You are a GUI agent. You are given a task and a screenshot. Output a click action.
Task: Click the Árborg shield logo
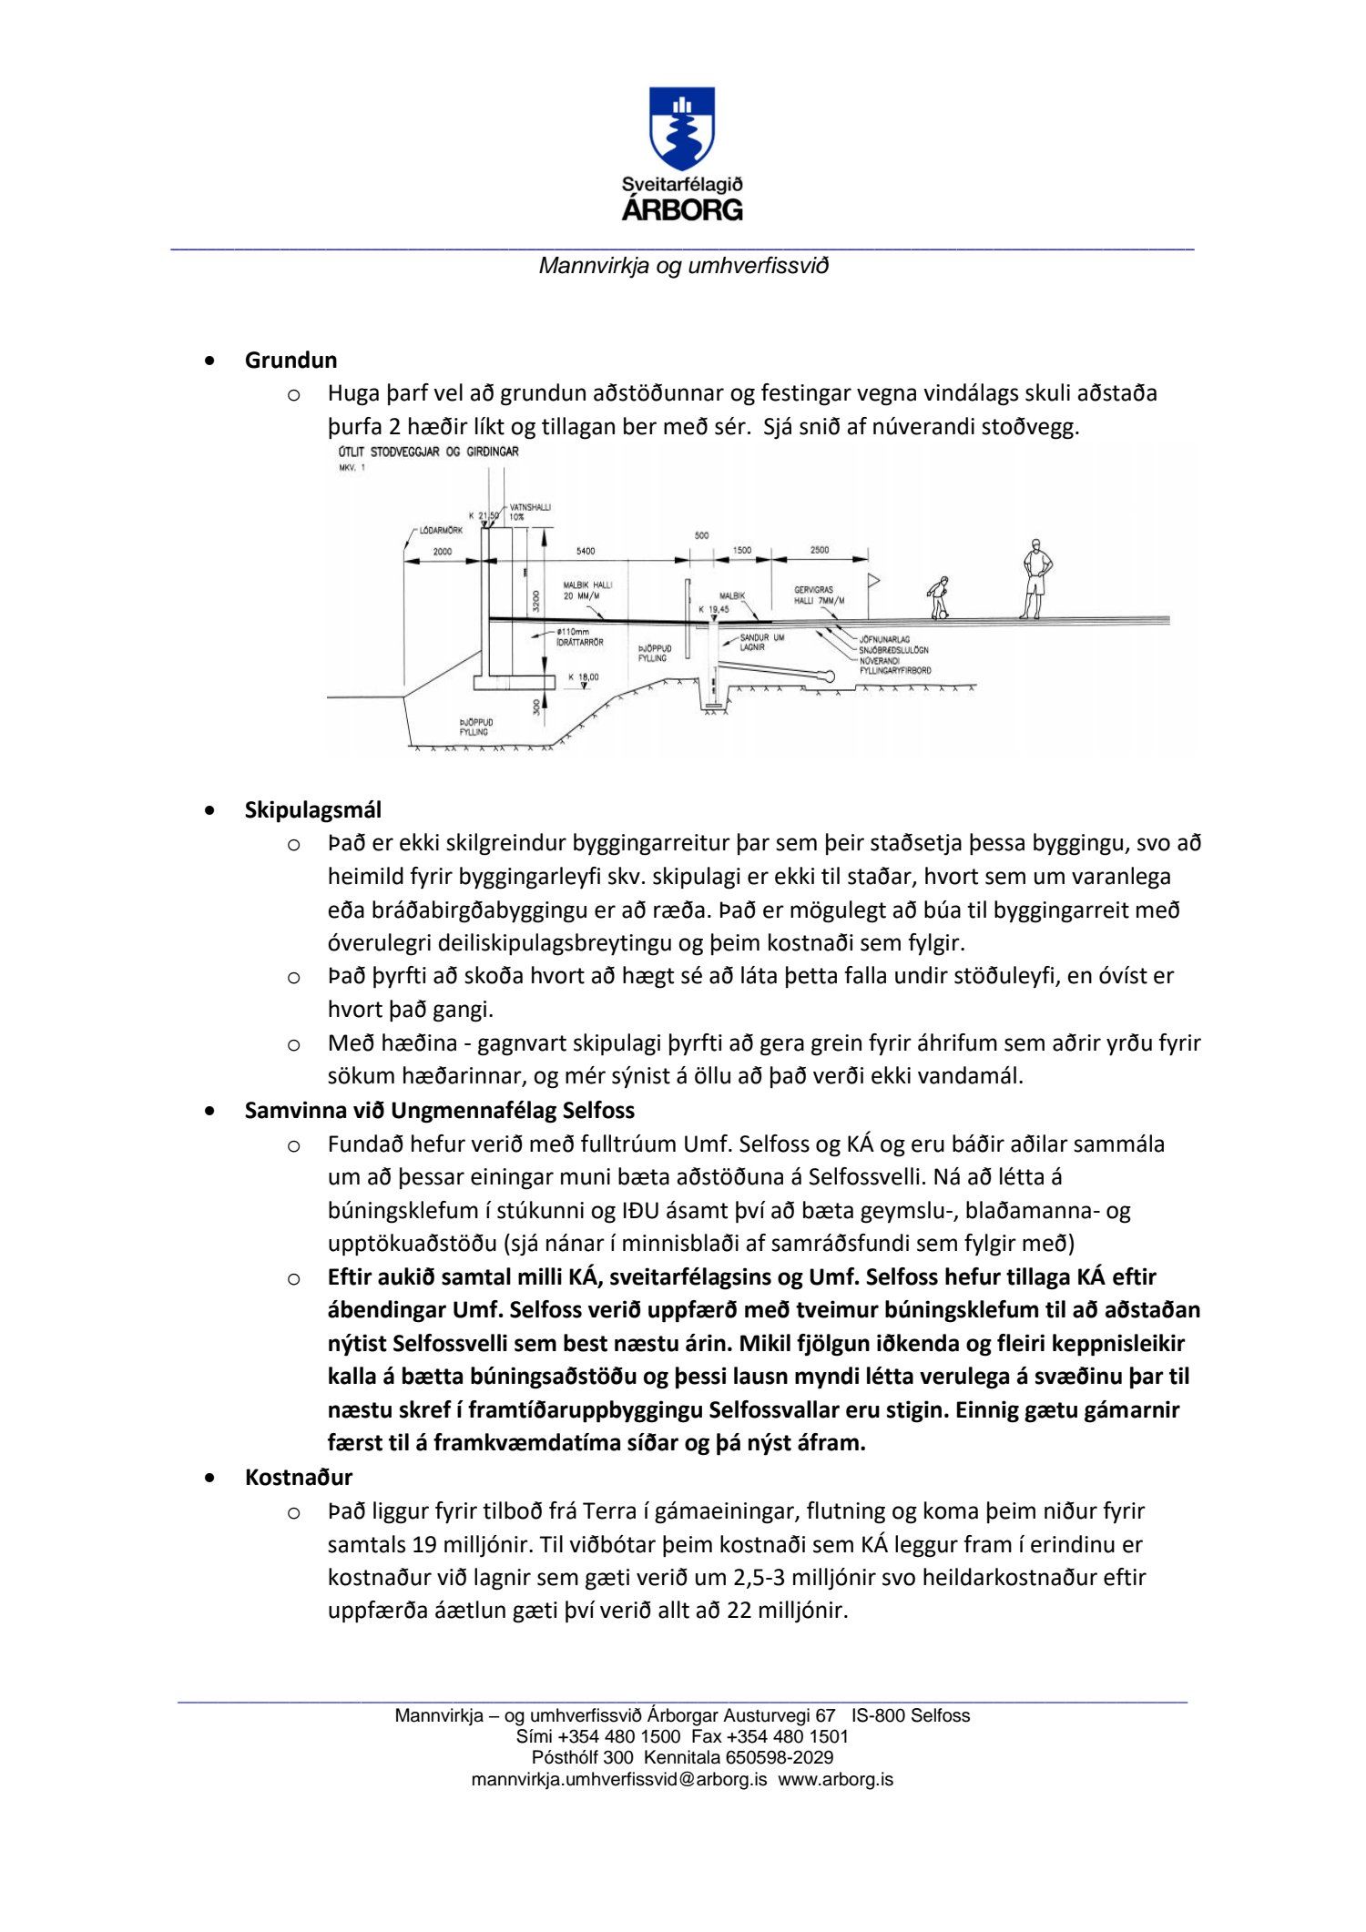(x=681, y=128)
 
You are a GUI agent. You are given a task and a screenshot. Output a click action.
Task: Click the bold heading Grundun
(x=291, y=360)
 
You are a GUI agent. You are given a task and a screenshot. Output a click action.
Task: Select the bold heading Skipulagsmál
(x=312, y=809)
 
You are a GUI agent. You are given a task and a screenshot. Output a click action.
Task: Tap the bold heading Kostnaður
(x=298, y=1477)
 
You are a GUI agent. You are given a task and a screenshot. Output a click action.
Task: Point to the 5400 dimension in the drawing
(x=585, y=551)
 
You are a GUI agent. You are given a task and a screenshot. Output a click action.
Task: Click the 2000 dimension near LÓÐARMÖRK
(x=442, y=552)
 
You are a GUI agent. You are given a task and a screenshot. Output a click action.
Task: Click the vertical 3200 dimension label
(x=536, y=600)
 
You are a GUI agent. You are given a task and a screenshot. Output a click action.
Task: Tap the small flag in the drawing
(x=874, y=579)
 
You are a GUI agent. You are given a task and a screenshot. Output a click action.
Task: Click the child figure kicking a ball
(x=937, y=598)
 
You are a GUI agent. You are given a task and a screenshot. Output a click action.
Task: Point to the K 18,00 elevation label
(x=583, y=676)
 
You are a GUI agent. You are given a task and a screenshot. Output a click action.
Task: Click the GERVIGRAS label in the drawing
(x=813, y=590)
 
